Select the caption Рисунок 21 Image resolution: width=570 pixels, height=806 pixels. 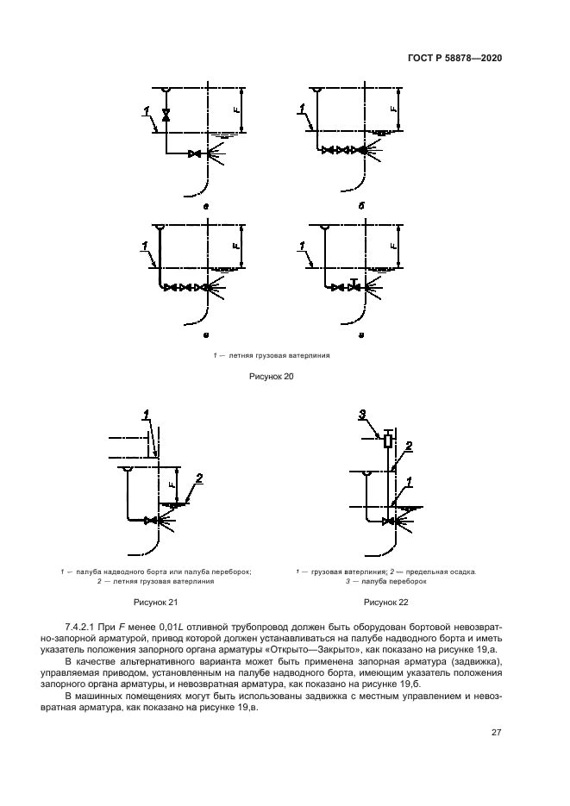click(x=153, y=602)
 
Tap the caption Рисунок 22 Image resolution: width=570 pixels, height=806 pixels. click(x=385, y=602)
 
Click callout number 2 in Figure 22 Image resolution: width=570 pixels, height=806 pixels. click(x=409, y=446)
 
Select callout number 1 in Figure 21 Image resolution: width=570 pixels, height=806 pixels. click(x=147, y=416)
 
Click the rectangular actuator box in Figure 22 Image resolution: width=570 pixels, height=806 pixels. click(x=387, y=441)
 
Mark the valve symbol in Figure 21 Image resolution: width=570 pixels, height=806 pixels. click(x=153, y=520)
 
